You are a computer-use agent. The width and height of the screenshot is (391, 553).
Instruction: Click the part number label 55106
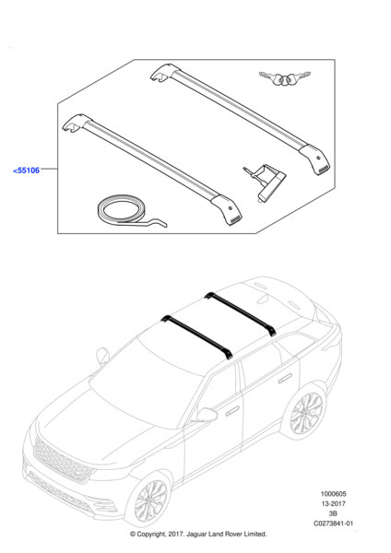(27, 171)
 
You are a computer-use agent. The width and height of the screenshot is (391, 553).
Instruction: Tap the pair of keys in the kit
(285, 78)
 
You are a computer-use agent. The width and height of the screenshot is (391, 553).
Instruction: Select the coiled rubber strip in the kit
(129, 212)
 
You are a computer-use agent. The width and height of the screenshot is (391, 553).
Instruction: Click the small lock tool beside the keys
(265, 182)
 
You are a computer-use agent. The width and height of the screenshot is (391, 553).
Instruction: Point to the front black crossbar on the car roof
(197, 336)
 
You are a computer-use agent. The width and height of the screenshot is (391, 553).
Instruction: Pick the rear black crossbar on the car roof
(241, 313)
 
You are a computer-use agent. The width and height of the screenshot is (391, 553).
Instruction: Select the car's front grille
(63, 461)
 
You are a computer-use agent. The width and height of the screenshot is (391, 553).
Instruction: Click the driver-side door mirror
(206, 415)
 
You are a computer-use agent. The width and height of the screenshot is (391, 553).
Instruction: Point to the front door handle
(232, 411)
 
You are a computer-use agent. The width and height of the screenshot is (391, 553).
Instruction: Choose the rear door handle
(285, 378)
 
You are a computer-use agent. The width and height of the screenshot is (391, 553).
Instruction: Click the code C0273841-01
(333, 524)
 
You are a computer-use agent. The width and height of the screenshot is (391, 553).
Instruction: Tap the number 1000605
(333, 494)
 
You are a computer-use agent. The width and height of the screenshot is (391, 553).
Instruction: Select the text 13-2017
(333, 503)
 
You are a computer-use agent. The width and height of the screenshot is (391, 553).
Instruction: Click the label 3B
(333, 513)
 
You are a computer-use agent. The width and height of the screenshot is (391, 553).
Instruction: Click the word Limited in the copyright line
(255, 535)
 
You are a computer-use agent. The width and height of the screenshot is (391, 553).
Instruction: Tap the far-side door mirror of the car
(102, 356)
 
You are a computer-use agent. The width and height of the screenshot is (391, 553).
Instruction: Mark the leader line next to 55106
(49, 169)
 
